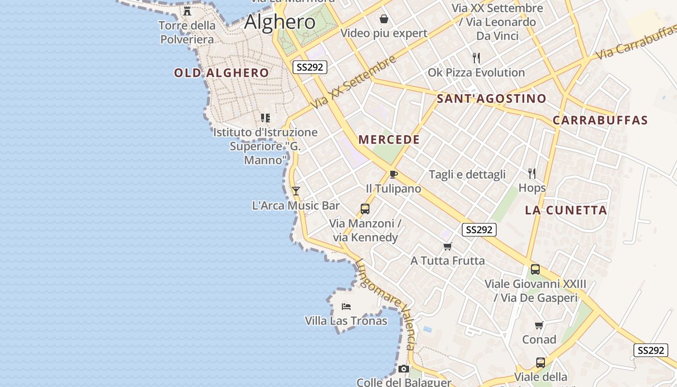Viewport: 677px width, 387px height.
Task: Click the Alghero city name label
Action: coord(280,22)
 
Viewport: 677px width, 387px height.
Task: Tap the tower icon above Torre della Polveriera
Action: coord(187,11)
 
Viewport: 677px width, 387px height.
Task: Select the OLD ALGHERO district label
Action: coord(221,73)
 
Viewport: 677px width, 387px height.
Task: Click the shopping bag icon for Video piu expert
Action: coord(384,19)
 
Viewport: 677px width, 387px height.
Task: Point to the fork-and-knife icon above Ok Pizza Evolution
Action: coord(476,59)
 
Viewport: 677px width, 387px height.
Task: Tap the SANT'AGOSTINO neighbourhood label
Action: coord(491,99)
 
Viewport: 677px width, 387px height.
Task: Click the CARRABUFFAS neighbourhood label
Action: coord(600,120)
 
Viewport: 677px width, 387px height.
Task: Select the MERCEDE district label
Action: coord(389,140)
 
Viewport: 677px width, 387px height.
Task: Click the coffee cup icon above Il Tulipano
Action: coord(393,174)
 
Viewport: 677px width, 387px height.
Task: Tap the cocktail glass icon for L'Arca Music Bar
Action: coord(296,191)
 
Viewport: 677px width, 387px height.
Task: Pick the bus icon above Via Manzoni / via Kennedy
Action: coord(365,209)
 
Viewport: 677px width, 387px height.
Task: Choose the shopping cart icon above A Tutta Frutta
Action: coord(448,246)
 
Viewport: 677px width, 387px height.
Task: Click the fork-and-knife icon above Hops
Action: coord(532,174)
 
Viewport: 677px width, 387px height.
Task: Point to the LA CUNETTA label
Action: coord(566,210)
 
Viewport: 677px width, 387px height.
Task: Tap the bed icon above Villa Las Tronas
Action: coord(346,306)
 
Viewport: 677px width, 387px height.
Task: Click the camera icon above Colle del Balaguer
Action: coord(404,369)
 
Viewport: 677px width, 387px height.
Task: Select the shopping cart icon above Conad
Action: coord(539,325)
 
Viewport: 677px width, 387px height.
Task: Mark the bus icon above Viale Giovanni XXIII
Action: coord(535,269)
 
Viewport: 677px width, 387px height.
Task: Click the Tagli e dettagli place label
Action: coord(467,175)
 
